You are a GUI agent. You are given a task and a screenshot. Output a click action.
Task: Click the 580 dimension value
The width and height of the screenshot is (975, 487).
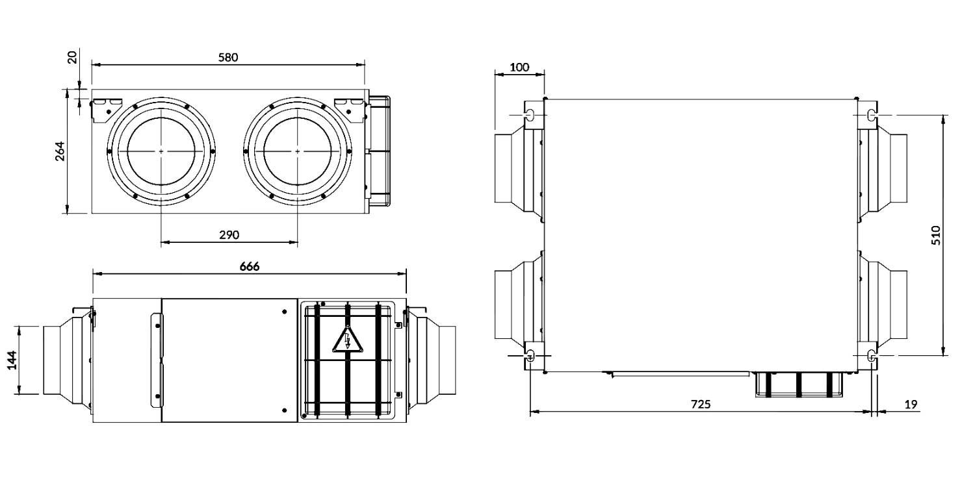coord(228,57)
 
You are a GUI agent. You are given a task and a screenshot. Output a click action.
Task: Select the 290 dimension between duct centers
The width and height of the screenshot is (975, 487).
coord(229,234)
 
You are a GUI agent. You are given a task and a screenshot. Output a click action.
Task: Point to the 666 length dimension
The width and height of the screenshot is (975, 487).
coord(249,266)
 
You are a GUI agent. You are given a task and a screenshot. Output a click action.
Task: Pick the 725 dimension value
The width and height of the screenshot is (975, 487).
coord(700,404)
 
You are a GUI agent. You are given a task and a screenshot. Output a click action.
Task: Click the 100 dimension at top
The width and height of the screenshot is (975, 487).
coord(519,67)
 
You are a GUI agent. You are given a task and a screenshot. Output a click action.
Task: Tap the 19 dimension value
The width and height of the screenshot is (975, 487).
coord(911,405)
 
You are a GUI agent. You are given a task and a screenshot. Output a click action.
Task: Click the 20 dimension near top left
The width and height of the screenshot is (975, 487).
coord(72,57)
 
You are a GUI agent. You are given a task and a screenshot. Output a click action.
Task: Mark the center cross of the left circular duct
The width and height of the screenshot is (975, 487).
coord(161,151)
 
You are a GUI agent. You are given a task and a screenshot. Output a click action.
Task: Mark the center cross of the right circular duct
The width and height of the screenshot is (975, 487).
coord(298,151)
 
